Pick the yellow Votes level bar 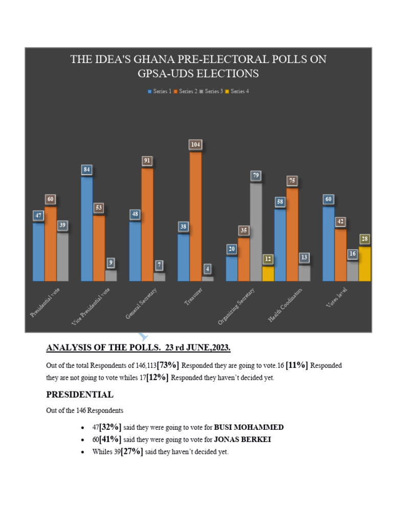[364, 264]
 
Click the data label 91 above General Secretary [147, 161]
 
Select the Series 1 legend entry [160, 92]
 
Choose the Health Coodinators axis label [286, 305]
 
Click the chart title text [198, 67]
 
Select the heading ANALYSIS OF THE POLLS [138, 348]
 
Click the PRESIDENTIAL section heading [80, 395]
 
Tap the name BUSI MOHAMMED [249, 427]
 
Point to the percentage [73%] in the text [168, 365]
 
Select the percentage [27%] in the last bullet [132, 452]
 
